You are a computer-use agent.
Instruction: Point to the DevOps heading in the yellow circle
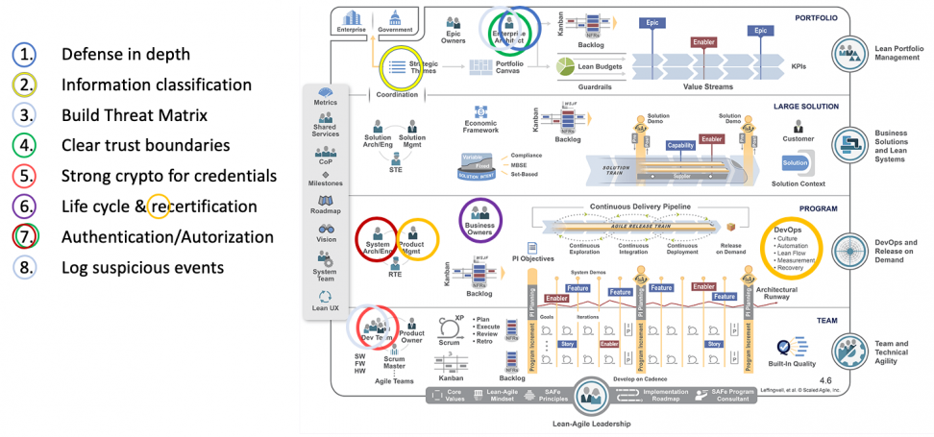(788, 230)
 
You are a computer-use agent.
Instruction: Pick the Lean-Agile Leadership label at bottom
(583, 424)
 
